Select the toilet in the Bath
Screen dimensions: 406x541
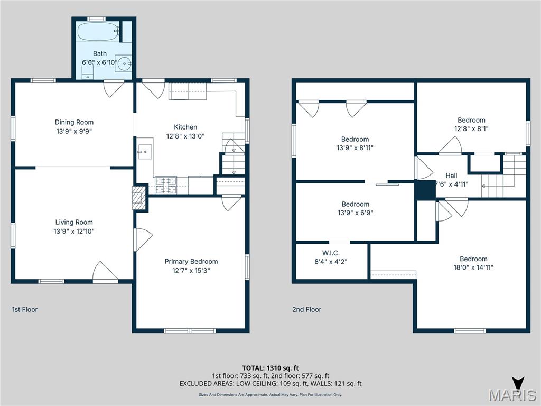[x=88, y=70]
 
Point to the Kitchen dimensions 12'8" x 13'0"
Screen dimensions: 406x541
[x=185, y=136]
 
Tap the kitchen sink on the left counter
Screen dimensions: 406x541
[x=145, y=151]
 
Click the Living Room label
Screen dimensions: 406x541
[x=74, y=223]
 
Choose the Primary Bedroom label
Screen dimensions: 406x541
[x=191, y=262]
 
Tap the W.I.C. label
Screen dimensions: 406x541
[x=331, y=252]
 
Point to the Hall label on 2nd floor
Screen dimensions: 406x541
[x=451, y=176]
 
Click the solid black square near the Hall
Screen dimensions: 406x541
[x=425, y=190]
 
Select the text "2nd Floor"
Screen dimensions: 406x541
[x=306, y=310]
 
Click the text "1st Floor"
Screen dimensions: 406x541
[x=25, y=310]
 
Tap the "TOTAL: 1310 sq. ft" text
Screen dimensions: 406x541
[x=270, y=368]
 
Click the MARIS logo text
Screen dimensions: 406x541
[x=513, y=395]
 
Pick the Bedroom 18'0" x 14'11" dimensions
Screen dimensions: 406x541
[x=473, y=267]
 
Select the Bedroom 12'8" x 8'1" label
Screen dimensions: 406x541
[x=471, y=120]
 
